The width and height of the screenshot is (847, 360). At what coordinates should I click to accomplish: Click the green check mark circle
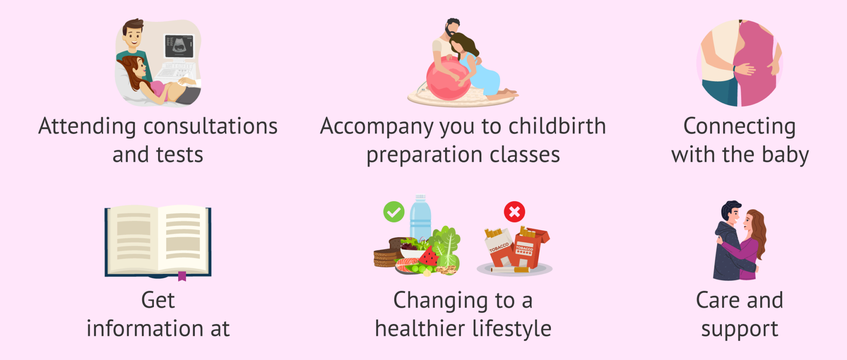coord(394,212)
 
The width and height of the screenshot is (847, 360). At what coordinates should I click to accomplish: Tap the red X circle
coord(514,212)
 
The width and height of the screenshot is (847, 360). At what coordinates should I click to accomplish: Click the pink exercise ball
coord(448,79)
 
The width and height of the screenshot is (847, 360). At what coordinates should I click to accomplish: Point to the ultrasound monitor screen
coord(179,46)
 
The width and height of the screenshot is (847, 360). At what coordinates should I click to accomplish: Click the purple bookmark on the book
coord(182,276)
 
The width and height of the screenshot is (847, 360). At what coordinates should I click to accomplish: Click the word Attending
coord(87,127)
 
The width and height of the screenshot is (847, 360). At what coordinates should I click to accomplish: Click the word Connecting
coord(739,127)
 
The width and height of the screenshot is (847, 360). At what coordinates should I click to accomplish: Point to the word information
coord(145,329)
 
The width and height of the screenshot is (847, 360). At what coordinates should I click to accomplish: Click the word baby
coord(785,155)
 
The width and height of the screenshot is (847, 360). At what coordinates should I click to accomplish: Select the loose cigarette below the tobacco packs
coord(510,270)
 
